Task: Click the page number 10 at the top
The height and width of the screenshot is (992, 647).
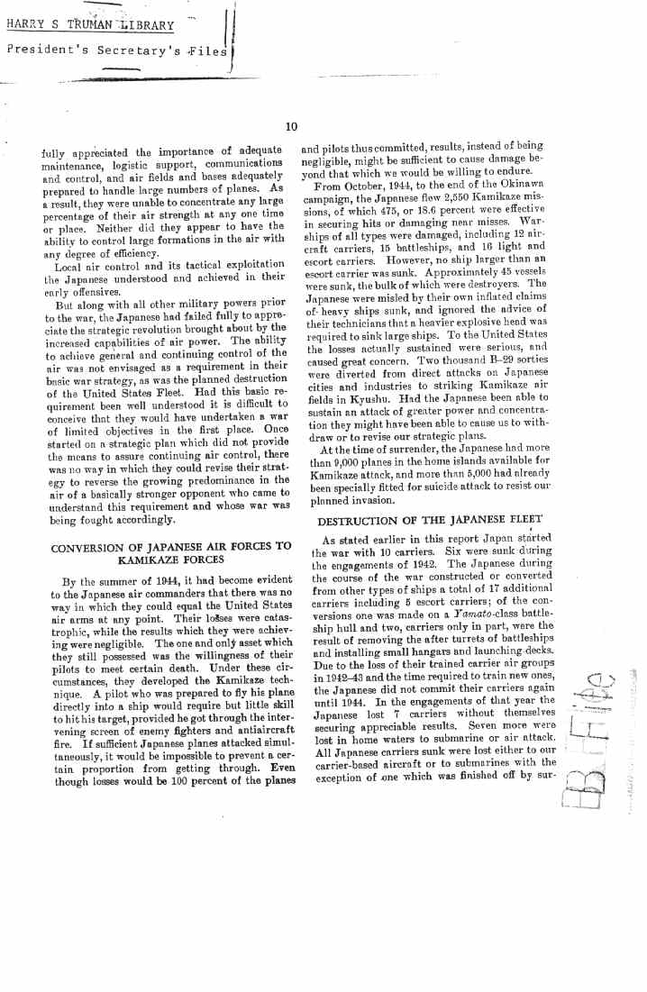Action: (x=291, y=127)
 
